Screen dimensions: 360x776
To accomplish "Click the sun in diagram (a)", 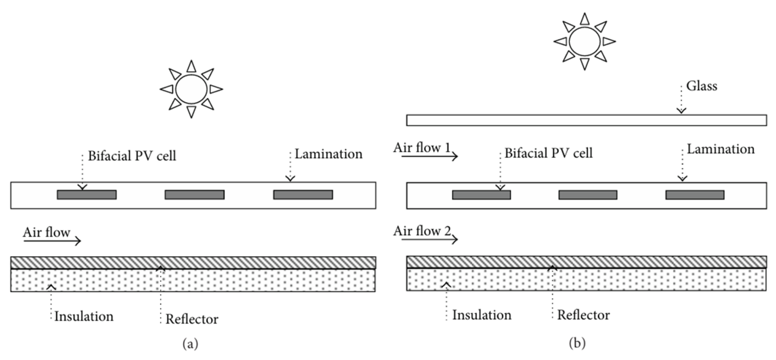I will [191, 89].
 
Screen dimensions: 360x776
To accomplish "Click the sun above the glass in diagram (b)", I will [585, 42].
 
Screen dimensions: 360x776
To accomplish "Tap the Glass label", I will [702, 86].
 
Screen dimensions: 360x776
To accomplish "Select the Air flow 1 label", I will [422, 148].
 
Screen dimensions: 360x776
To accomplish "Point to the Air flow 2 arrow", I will [430, 240].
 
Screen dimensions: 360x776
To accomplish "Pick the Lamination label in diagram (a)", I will [328, 154].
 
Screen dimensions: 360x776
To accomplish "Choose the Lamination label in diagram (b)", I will [721, 149].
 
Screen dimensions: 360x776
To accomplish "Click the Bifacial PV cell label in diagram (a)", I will [132, 156].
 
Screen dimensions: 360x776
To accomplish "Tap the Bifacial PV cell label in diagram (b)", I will [548, 153].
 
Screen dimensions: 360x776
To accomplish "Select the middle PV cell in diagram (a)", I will [194, 195].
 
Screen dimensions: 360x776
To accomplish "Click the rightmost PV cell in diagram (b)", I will [695, 195].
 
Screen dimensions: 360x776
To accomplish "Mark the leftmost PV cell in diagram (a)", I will [87, 195].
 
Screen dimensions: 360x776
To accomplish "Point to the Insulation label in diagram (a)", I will [84, 316].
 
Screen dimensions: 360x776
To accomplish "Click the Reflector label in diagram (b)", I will [583, 315].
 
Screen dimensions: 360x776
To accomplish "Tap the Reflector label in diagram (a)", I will [192, 319].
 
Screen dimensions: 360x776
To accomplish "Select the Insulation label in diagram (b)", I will [482, 315].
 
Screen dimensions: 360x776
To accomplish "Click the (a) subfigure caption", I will [190, 344].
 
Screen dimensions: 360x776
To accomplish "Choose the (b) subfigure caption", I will [577, 343].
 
